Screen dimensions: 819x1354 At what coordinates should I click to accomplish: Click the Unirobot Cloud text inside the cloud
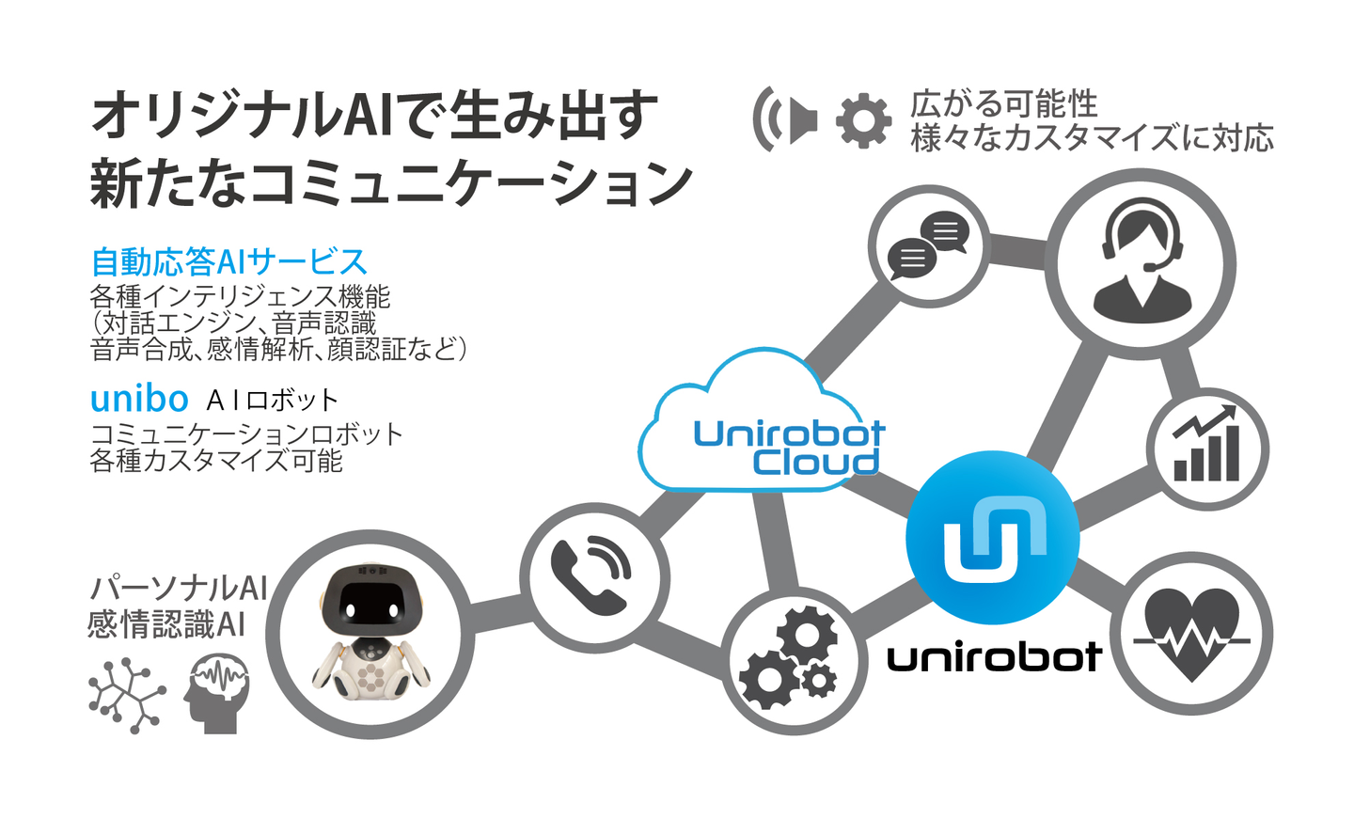(788, 448)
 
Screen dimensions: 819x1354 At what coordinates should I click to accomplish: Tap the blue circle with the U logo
(992, 538)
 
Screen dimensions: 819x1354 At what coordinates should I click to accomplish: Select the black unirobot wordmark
(994, 657)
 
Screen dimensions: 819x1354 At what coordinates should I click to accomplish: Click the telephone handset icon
(591, 576)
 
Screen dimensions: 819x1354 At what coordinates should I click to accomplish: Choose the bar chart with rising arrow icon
(1206, 447)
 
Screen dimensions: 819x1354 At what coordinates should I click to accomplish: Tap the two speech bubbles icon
(928, 245)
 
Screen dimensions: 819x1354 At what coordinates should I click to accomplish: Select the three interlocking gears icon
(790, 657)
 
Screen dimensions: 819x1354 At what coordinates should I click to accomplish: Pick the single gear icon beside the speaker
(863, 120)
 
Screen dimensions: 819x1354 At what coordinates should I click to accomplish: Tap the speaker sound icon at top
(784, 119)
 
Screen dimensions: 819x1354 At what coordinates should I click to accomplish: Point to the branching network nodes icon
(126, 696)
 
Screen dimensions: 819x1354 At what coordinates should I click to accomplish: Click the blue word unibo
(139, 399)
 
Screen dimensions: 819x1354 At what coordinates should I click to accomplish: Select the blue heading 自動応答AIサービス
(228, 261)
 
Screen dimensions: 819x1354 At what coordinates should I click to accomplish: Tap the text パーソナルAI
(179, 588)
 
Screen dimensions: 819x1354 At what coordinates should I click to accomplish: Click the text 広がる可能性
(1003, 103)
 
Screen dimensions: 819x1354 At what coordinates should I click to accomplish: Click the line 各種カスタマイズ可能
(216, 461)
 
